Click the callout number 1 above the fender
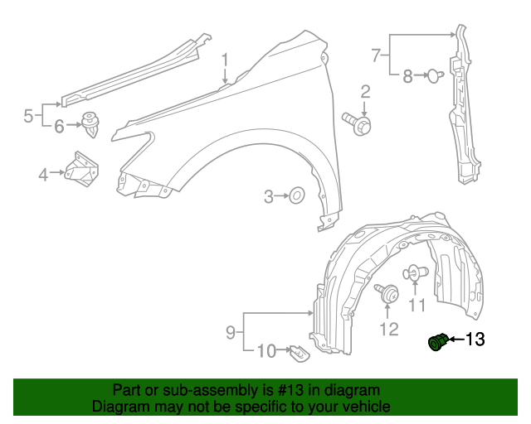pyautogui.click(x=224, y=60)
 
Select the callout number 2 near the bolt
pyautogui.click(x=365, y=91)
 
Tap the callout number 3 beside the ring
pyautogui.click(x=269, y=196)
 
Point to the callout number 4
pyautogui.click(x=43, y=174)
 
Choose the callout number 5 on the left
pyautogui.click(x=27, y=116)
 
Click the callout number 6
pyautogui.click(x=59, y=127)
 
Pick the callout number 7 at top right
pyautogui.click(x=376, y=55)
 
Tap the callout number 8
pyautogui.click(x=407, y=77)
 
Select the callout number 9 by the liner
pyautogui.click(x=231, y=332)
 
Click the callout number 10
pyautogui.click(x=265, y=351)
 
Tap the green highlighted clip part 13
pyautogui.click(x=437, y=340)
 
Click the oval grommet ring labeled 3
pyautogui.click(x=295, y=196)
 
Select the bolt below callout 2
pyautogui.click(x=358, y=123)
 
